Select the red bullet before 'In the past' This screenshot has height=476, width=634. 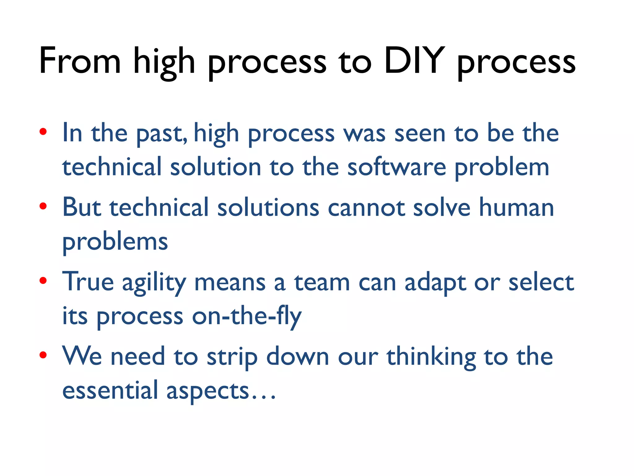tap(43, 132)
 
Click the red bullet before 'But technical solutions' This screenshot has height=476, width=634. tap(43, 206)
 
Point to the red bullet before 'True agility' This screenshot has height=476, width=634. tap(43, 281)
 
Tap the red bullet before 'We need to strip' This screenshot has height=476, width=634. tap(43, 355)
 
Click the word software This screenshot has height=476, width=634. tap(397, 167)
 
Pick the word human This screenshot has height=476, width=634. tap(516, 207)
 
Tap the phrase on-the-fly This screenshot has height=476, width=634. tap(247, 317)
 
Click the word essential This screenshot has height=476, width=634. tap(110, 390)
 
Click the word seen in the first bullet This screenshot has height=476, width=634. tap(420, 134)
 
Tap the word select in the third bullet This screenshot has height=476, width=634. tap(541, 282)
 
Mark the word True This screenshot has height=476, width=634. tap(88, 281)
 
